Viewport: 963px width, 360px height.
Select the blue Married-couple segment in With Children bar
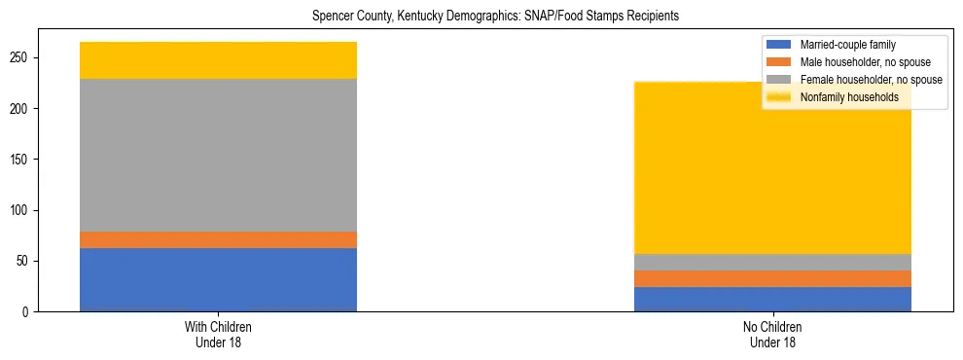click(x=218, y=279)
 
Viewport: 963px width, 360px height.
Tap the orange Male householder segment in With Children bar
click(x=218, y=239)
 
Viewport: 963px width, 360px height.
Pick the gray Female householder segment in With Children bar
click(x=218, y=155)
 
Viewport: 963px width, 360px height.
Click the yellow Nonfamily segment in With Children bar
click(x=218, y=60)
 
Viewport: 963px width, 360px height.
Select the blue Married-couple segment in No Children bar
click(x=772, y=299)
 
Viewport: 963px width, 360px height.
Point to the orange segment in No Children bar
click(x=772, y=278)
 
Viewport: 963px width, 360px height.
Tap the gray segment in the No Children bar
click(x=772, y=262)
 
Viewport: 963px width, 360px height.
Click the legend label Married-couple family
click(x=847, y=45)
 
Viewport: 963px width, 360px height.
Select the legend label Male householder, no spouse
click(x=865, y=62)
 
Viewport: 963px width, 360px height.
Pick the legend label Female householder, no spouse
click(x=870, y=80)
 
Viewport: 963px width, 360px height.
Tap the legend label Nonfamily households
click(x=849, y=97)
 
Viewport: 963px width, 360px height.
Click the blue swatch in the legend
click(x=779, y=45)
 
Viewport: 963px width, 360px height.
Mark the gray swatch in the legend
click(x=779, y=80)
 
